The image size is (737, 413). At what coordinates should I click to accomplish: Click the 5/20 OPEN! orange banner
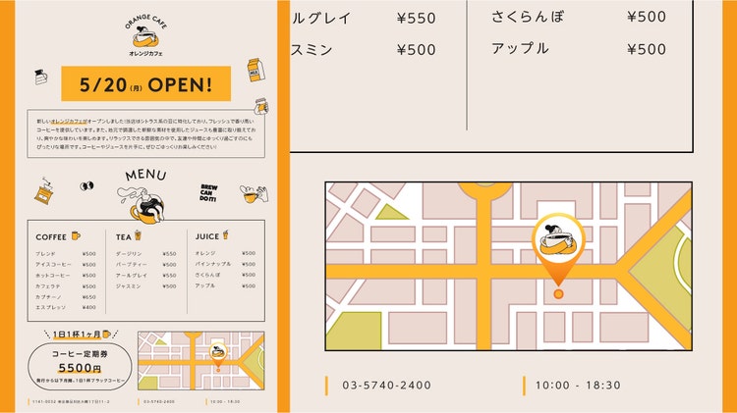pyautogui.click(x=145, y=84)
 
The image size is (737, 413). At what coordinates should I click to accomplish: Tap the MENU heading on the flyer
pyautogui.click(x=145, y=177)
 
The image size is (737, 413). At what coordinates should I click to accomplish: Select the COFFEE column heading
pyautogui.click(x=51, y=236)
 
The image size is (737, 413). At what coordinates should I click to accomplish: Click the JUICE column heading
pyautogui.click(x=207, y=236)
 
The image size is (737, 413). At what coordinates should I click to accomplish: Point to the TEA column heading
pyautogui.click(x=123, y=236)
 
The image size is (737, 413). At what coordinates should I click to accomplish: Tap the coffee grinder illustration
pyautogui.click(x=44, y=189)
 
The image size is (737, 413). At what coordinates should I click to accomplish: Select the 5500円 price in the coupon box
pyautogui.click(x=81, y=368)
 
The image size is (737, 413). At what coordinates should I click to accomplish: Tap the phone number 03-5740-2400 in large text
pyautogui.click(x=386, y=386)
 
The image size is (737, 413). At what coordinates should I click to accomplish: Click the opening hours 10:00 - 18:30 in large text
pyautogui.click(x=579, y=386)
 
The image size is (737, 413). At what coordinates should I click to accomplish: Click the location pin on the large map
pyautogui.click(x=558, y=250)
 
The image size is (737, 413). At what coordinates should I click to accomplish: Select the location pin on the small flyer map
pyautogui.click(x=217, y=354)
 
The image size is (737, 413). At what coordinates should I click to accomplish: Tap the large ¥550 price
pyautogui.click(x=416, y=18)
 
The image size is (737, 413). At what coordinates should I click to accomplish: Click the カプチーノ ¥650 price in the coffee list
pyautogui.click(x=89, y=296)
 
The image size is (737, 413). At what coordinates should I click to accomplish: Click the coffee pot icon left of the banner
pyautogui.click(x=41, y=77)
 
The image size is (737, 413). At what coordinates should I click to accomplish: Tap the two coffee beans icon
pyautogui.click(x=85, y=185)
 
